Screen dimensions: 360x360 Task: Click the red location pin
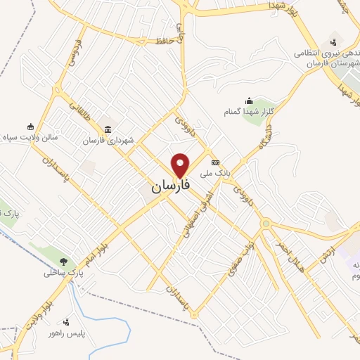pos(181,165)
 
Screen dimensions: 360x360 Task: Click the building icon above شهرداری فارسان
pos(108,129)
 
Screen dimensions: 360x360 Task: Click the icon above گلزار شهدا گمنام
pos(249,101)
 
